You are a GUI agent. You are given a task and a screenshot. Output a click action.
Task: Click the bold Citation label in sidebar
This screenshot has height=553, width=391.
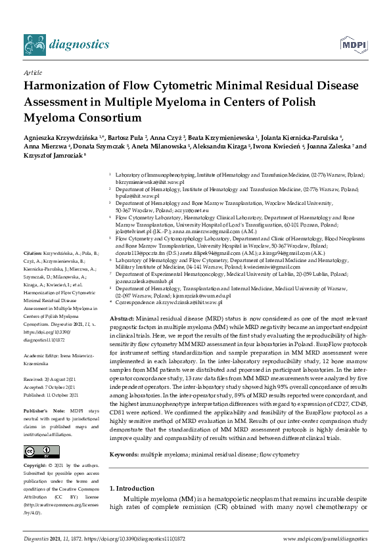(32, 253)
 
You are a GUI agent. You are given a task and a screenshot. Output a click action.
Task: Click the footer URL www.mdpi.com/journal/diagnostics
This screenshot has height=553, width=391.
(325, 539)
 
